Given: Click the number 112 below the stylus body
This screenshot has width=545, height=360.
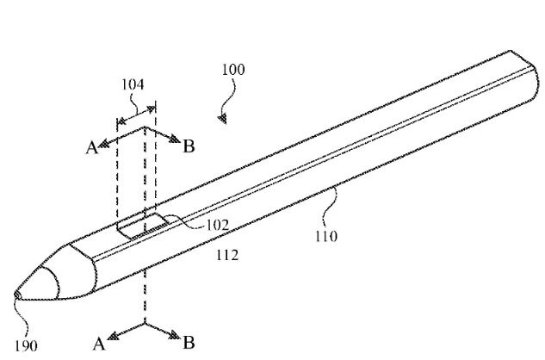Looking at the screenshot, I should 227,255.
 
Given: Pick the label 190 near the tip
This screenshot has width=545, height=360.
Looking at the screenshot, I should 27,347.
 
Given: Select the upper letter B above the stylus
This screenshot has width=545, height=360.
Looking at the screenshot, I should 189,146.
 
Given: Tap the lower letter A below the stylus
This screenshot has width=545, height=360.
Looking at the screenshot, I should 98,344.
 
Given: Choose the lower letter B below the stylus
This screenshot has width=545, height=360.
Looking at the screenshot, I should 188,343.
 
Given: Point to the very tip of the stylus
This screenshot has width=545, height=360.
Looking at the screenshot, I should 16,295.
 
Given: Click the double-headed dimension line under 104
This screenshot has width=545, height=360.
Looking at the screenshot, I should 137,115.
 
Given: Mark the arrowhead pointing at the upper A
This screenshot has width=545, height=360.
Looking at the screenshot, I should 105,145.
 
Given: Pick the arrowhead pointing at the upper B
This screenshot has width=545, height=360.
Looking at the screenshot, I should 176,144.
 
